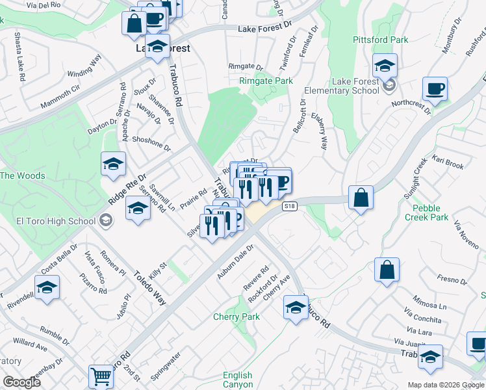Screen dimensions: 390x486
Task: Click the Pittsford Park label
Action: coord(380,40)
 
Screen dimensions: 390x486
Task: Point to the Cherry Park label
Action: coord(237,317)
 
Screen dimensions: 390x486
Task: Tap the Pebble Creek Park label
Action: coord(431,213)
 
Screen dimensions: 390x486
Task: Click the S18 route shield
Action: coord(290,206)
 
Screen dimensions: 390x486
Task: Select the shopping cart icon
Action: coord(101,376)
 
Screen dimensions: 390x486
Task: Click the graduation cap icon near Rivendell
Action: coord(47,287)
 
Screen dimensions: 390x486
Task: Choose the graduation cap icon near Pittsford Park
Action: coord(385,66)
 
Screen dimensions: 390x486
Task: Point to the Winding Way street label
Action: coord(85,66)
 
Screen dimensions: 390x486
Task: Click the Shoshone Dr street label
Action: coord(151,144)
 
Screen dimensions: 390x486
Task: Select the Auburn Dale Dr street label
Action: coord(235,264)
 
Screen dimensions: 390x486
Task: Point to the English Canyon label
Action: coord(237,380)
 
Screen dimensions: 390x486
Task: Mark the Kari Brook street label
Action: coord(448,162)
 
